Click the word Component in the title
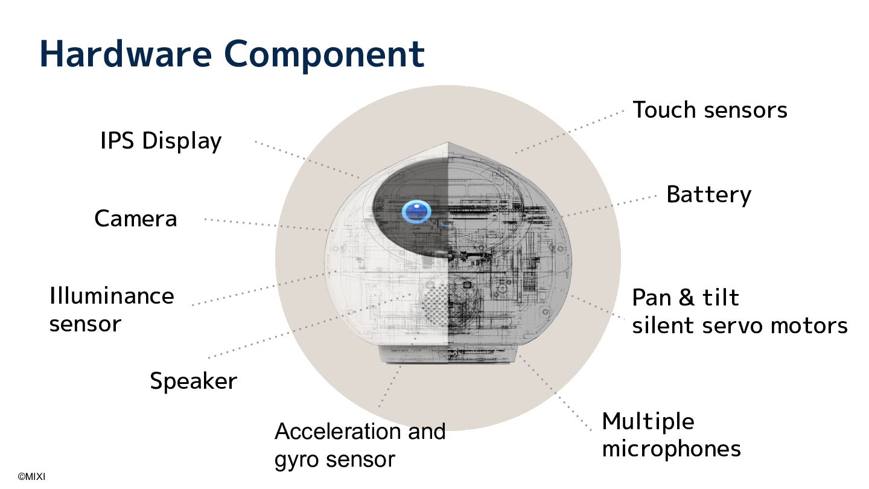(324, 54)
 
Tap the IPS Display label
(161, 141)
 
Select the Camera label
(136, 219)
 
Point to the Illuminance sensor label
(111, 310)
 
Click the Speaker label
(193, 381)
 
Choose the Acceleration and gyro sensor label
(360, 446)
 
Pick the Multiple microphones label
(671, 435)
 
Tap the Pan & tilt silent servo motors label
(739, 312)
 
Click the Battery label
(708, 194)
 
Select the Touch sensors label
(710, 110)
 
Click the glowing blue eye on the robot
(416, 212)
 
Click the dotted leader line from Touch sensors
(570, 132)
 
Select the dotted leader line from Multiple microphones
(555, 392)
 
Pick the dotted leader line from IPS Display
(308, 159)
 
